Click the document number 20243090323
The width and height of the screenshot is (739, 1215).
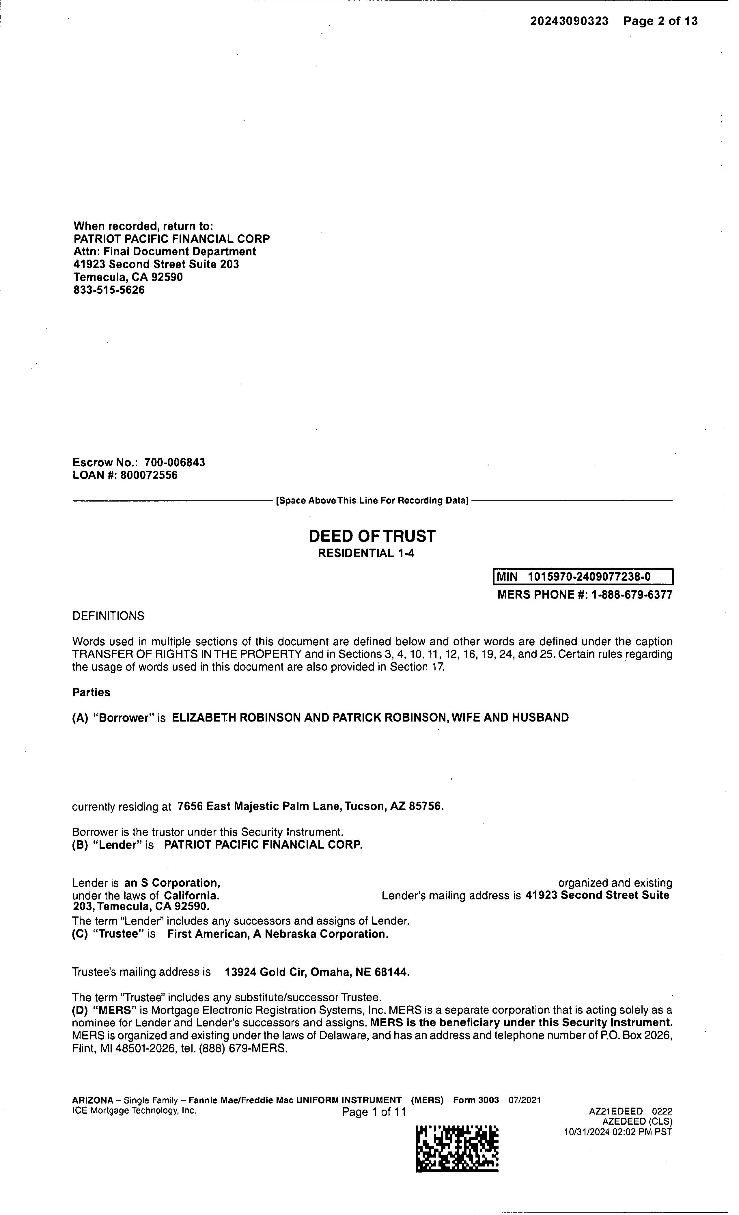(x=569, y=21)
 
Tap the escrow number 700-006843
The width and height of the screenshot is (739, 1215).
(x=175, y=463)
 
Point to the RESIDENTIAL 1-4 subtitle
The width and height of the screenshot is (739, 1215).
(x=366, y=553)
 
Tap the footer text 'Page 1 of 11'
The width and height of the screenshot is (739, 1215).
(x=374, y=1112)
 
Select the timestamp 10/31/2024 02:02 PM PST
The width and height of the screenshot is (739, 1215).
(x=618, y=1132)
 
